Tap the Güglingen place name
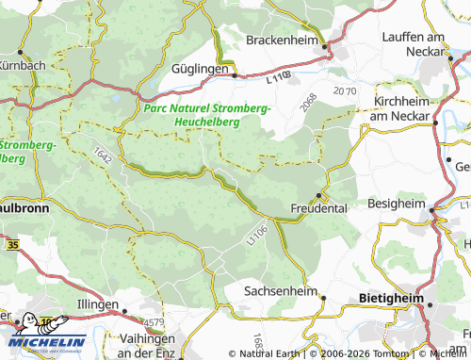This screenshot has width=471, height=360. [x=202, y=70]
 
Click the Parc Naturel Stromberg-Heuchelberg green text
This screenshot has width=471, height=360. [x=209, y=115]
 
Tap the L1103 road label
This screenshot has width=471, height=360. [x=279, y=83]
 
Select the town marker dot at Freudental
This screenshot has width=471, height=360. [x=320, y=195]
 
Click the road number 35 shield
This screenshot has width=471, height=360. [x=11, y=244]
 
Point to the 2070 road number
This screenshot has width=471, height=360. [x=346, y=91]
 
